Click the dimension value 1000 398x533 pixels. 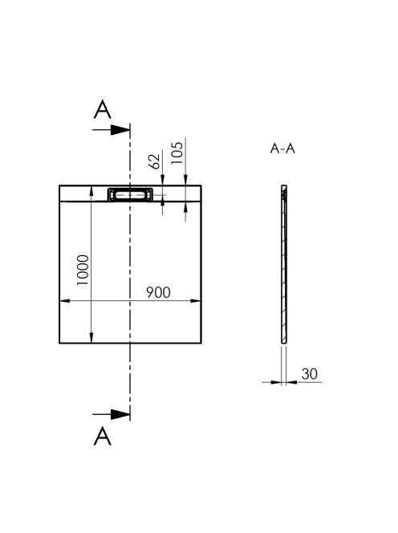pos(83,270)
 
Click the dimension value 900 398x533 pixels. pos(158,292)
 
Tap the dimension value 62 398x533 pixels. pos(154,161)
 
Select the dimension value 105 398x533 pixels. pos(177,153)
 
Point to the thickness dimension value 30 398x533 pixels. pos(309,374)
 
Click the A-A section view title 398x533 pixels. pos(282,149)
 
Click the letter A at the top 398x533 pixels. pos(102,109)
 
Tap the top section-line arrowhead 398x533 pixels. pos(120,129)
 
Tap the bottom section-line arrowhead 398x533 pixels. pos(120,414)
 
